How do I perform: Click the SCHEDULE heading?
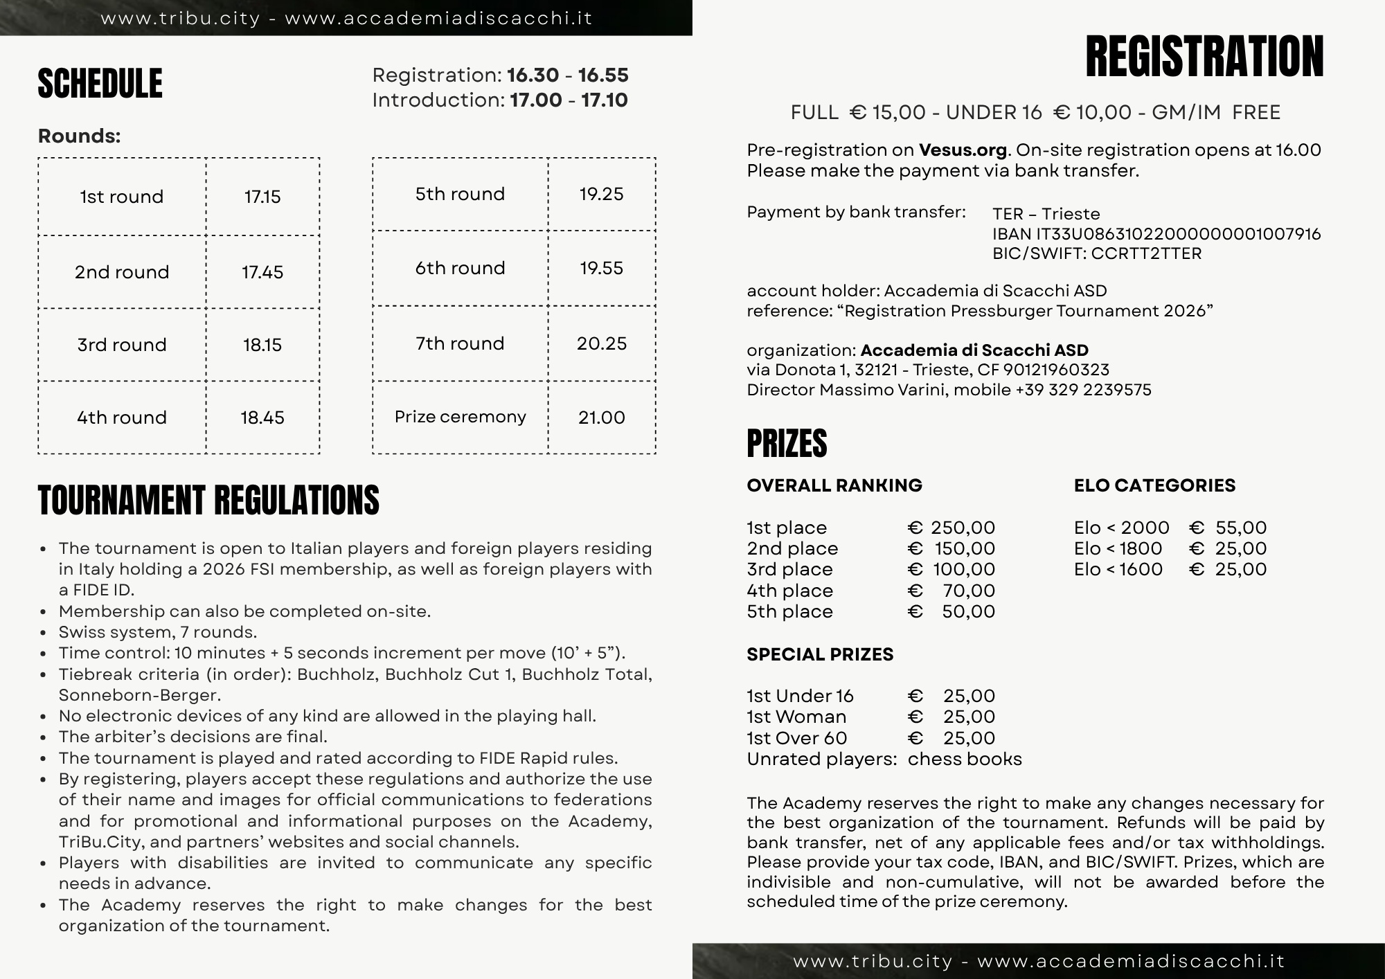[x=100, y=84]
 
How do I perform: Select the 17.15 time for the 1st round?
[x=262, y=197]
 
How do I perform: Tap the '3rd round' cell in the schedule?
[x=122, y=345]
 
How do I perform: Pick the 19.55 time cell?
[x=601, y=268]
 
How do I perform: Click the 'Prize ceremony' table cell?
[x=460, y=417]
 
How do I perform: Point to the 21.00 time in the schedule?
[x=601, y=417]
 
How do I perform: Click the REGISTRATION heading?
[x=1204, y=57]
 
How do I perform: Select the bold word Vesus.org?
[x=963, y=150]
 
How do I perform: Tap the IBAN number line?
[x=1156, y=234]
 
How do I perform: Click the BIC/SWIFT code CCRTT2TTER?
[x=1146, y=253]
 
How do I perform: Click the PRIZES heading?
[x=787, y=444]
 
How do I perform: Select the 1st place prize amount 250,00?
[x=962, y=528]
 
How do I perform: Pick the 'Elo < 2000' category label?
[x=1121, y=528]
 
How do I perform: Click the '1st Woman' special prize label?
[x=796, y=717]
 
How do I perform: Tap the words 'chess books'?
[x=965, y=759]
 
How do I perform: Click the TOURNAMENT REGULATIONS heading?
[x=208, y=501]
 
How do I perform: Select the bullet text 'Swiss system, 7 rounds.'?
[x=158, y=632]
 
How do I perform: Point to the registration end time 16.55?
[x=603, y=75]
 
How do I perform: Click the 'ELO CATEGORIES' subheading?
[x=1154, y=485]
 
